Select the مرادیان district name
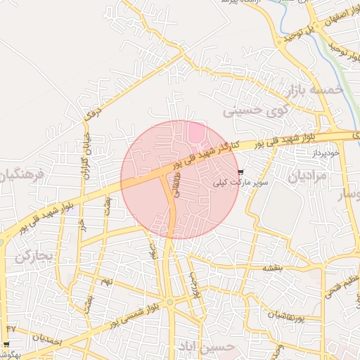pos(307,175)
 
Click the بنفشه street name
pos(273,268)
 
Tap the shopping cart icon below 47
pos(7,345)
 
